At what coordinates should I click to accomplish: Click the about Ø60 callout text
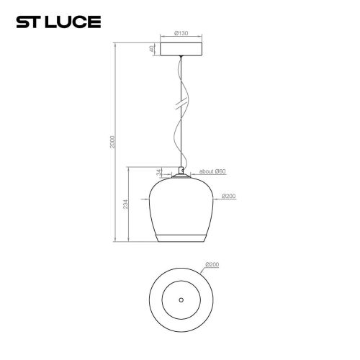212,171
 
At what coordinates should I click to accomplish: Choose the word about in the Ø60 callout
204,171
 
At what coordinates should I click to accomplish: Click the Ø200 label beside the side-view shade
230,196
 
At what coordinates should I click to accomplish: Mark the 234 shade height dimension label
126,206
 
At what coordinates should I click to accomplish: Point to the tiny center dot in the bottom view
181,299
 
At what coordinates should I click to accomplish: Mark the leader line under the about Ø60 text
209,175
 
